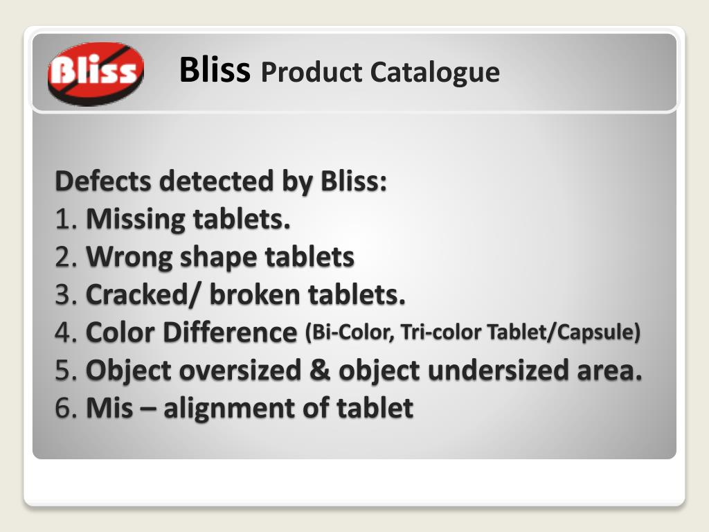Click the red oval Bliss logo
point(96,73)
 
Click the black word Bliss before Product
point(214,70)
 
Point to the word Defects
point(103,181)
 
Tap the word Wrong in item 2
point(129,258)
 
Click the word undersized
point(498,371)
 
